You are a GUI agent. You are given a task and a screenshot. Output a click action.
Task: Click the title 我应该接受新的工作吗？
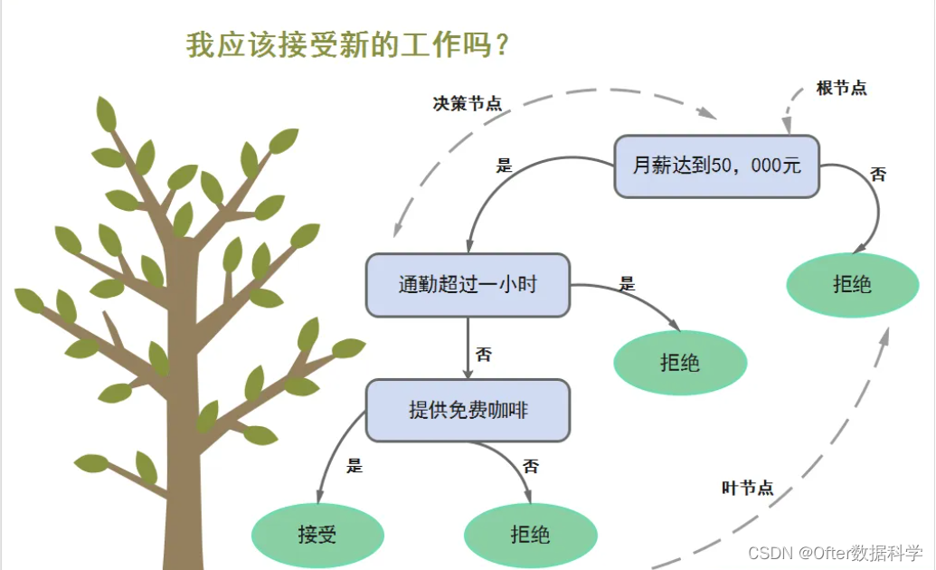pyautogui.click(x=347, y=45)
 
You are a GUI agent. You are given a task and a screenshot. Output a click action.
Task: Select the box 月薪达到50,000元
pyautogui.click(x=716, y=166)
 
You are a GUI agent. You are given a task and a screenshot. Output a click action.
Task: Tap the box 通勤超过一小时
pyautogui.click(x=468, y=285)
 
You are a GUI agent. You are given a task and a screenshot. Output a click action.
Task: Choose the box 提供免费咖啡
pyautogui.click(x=468, y=411)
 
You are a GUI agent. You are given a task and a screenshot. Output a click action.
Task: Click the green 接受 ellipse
pyautogui.click(x=317, y=535)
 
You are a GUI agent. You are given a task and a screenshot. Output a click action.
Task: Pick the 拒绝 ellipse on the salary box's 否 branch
pyautogui.click(x=852, y=285)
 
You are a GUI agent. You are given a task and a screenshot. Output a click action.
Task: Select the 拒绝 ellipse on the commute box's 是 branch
pyautogui.click(x=680, y=364)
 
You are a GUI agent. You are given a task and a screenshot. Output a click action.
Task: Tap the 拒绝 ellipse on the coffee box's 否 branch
pyautogui.click(x=530, y=535)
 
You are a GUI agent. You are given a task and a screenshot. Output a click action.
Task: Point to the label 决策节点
pyautogui.click(x=467, y=104)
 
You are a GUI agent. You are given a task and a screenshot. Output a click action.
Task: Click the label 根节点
pyautogui.click(x=841, y=89)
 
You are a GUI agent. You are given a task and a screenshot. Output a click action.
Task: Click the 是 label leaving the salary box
pyautogui.click(x=504, y=166)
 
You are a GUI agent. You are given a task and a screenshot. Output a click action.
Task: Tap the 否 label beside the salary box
pyautogui.click(x=878, y=175)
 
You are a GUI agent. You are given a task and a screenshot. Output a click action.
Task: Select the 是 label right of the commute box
pyautogui.click(x=627, y=284)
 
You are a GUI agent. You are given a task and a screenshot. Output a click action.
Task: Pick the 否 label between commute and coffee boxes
pyautogui.click(x=484, y=355)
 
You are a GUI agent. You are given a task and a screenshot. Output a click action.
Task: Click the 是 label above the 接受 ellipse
pyautogui.click(x=355, y=467)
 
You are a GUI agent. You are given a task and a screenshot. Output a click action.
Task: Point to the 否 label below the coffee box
pyautogui.click(x=531, y=467)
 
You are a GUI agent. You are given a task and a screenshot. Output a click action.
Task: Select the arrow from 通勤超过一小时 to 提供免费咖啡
pyautogui.click(x=468, y=348)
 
